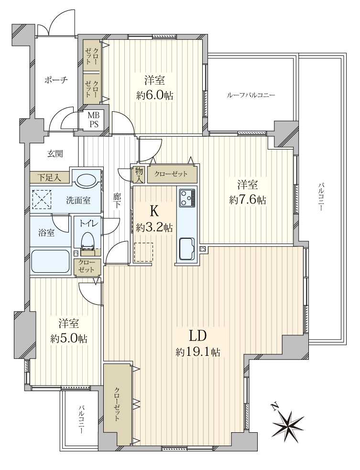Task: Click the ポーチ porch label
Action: click(x=56, y=80)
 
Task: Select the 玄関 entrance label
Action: click(x=55, y=154)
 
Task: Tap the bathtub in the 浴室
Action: click(x=50, y=261)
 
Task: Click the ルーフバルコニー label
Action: click(x=251, y=96)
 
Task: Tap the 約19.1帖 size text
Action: click(x=198, y=352)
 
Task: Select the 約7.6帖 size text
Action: click(x=248, y=200)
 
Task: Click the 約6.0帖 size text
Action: click(x=154, y=96)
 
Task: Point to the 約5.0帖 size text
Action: click(x=69, y=339)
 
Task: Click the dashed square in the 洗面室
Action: click(x=42, y=199)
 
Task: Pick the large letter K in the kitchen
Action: click(x=154, y=212)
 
